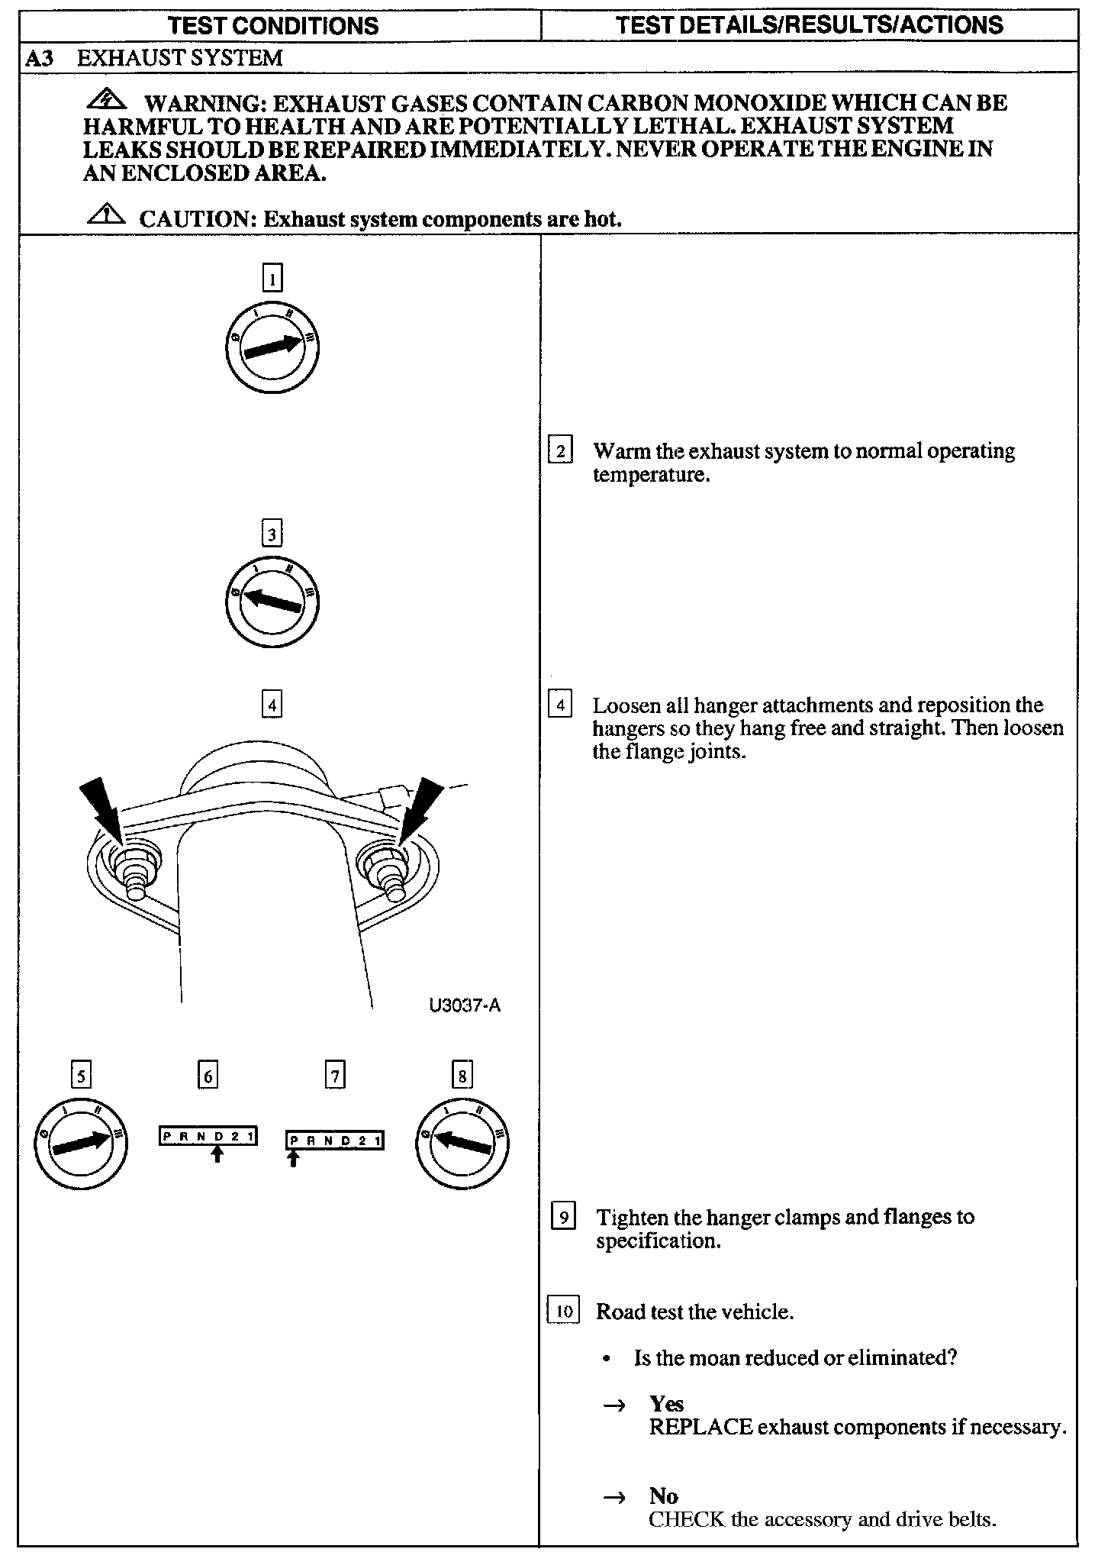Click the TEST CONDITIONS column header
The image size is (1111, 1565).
pyautogui.click(x=272, y=25)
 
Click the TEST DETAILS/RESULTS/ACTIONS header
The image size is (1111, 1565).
pyautogui.click(x=809, y=25)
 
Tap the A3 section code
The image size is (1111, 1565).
pyautogui.click(x=40, y=59)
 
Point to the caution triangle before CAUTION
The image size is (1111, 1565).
pyautogui.click(x=107, y=216)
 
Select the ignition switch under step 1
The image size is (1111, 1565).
pyautogui.click(x=272, y=348)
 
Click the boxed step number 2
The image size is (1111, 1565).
pyautogui.click(x=561, y=451)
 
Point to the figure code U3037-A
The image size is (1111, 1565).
pyautogui.click(x=465, y=1005)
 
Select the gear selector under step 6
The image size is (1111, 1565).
pyautogui.click(x=208, y=1137)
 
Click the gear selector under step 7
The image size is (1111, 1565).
pyautogui.click(x=334, y=1141)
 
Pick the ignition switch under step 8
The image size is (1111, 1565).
pyautogui.click(x=462, y=1143)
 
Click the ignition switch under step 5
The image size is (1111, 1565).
pyautogui.click(x=81, y=1143)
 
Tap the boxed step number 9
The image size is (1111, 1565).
pyautogui.click(x=563, y=1217)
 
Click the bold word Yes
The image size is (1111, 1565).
pyautogui.click(x=666, y=1404)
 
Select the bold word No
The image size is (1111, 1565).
pyautogui.click(x=663, y=1496)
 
